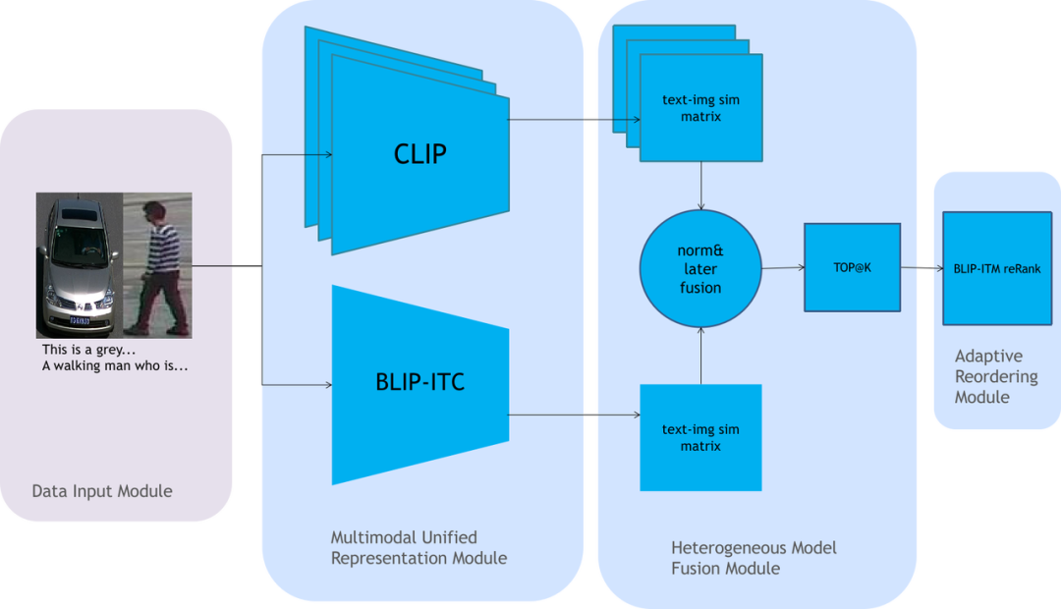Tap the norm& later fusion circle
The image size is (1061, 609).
coord(700,269)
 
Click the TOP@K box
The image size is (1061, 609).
coord(852,267)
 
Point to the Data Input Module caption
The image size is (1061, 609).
coord(102,491)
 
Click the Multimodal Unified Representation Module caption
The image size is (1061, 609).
coord(419,548)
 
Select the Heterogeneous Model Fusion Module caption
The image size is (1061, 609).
coord(754,557)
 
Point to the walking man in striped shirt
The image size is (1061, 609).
coord(154,263)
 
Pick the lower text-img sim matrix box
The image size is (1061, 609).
coord(700,437)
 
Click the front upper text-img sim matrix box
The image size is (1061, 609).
coord(700,108)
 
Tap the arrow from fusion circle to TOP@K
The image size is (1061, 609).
coord(783,267)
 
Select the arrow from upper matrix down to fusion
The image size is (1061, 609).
coord(700,186)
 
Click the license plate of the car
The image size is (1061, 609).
coord(79,320)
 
